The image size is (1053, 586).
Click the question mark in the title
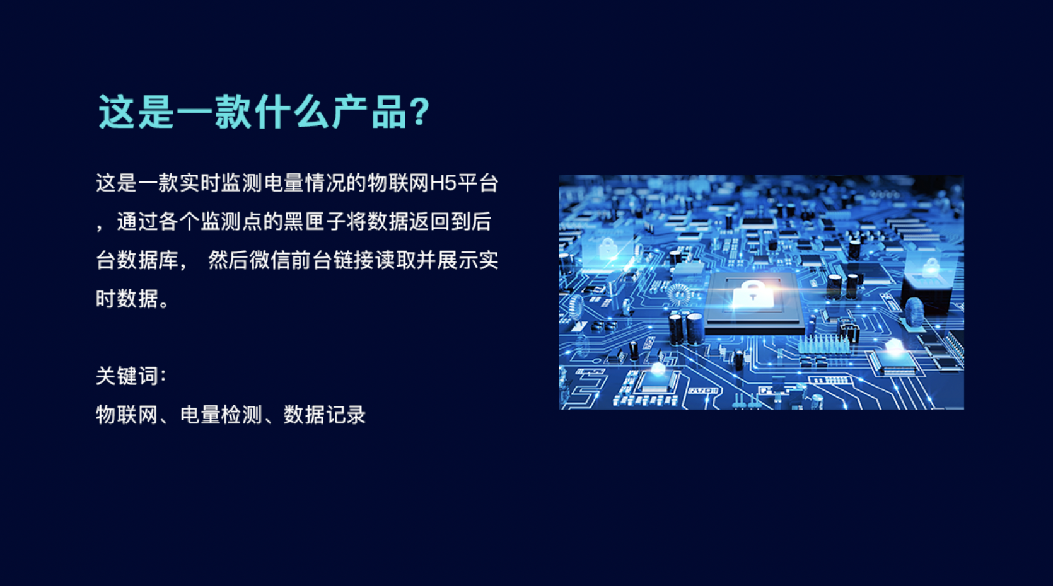coord(419,112)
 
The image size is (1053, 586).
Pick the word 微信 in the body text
coord(271,260)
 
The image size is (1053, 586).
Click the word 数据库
coord(137,260)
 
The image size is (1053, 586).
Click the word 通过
coord(137,222)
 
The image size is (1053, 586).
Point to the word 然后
coord(228,260)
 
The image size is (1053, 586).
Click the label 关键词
coord(127,376)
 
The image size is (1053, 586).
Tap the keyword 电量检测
coord(221,415)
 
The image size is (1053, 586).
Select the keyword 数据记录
coord(324,415)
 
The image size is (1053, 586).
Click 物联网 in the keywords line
coord(127,415)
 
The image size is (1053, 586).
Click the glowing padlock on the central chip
coord(753,295)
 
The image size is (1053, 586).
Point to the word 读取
coord(395,260)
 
